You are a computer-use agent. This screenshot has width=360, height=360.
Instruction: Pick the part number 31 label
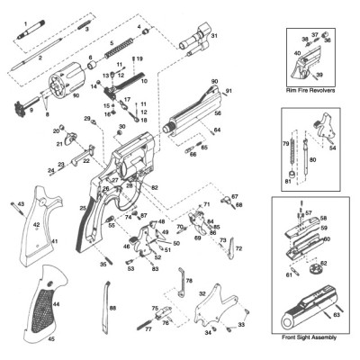tap(214, 35)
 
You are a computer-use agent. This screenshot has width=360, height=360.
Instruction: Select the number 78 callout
tap(188, 281)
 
